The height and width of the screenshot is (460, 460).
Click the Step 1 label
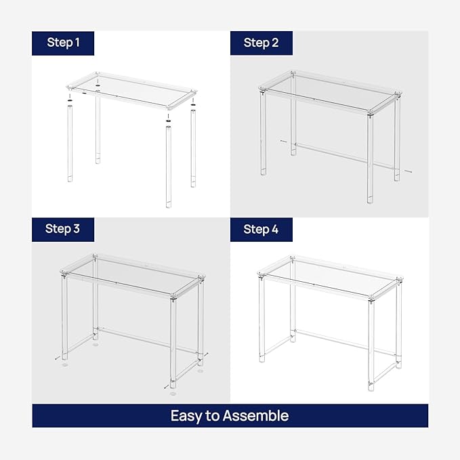[63, 43]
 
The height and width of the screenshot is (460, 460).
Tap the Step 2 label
[261, 43]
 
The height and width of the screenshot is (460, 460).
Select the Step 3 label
[63, 229]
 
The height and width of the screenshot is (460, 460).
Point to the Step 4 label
[261, 229]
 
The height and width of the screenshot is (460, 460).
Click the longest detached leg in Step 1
[168, 166]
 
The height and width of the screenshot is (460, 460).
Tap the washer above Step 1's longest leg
[168, 116]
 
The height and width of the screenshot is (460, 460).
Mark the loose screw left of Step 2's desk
[284, 141]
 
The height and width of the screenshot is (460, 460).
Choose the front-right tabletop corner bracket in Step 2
[370, 114]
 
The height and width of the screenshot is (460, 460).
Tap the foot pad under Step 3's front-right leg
[173, 393]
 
